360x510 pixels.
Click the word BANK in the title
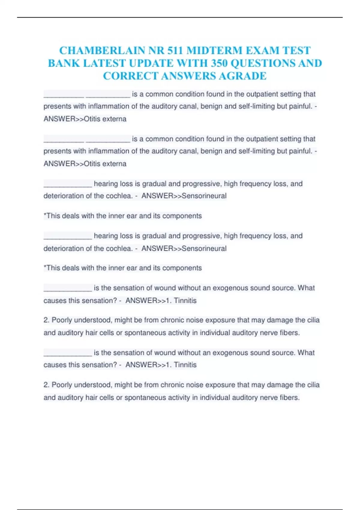[x=64, y=63]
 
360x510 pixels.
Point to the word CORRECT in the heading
[x=130, y=76]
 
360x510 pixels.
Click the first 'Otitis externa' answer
[x=105, y=119]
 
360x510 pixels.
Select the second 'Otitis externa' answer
[x=105, y=164]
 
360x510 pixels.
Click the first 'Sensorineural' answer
[x=204, y=196]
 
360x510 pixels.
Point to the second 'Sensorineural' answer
[x=204, y=248]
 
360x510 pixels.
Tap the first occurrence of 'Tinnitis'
[x=185, y=301]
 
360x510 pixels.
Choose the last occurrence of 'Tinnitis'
[x=185, y=365]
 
